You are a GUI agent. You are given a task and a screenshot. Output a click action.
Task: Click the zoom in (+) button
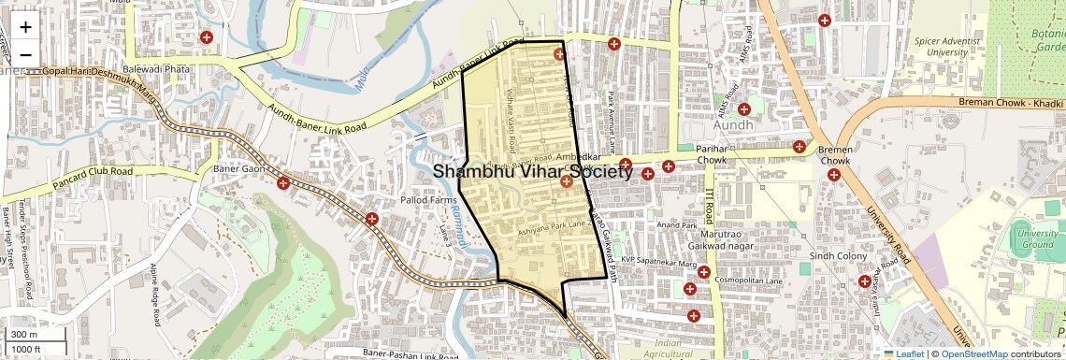pos(25,27)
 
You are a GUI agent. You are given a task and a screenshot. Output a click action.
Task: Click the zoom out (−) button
pos(25,53)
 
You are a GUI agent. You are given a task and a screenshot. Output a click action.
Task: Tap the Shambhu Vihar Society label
pos(533,172)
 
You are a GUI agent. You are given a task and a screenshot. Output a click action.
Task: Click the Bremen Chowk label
pos(834,155)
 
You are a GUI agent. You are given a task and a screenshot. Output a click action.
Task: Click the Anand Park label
pos(678,225)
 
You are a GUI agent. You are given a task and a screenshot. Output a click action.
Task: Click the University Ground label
pos(1038,238)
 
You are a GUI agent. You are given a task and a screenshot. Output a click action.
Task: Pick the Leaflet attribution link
pos(904,354)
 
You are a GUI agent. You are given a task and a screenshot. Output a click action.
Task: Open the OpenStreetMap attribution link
pos(974,354)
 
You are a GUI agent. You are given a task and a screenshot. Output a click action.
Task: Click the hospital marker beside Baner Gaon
pos(283,182)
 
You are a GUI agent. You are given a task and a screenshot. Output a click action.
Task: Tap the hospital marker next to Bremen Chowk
pos(833,175)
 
